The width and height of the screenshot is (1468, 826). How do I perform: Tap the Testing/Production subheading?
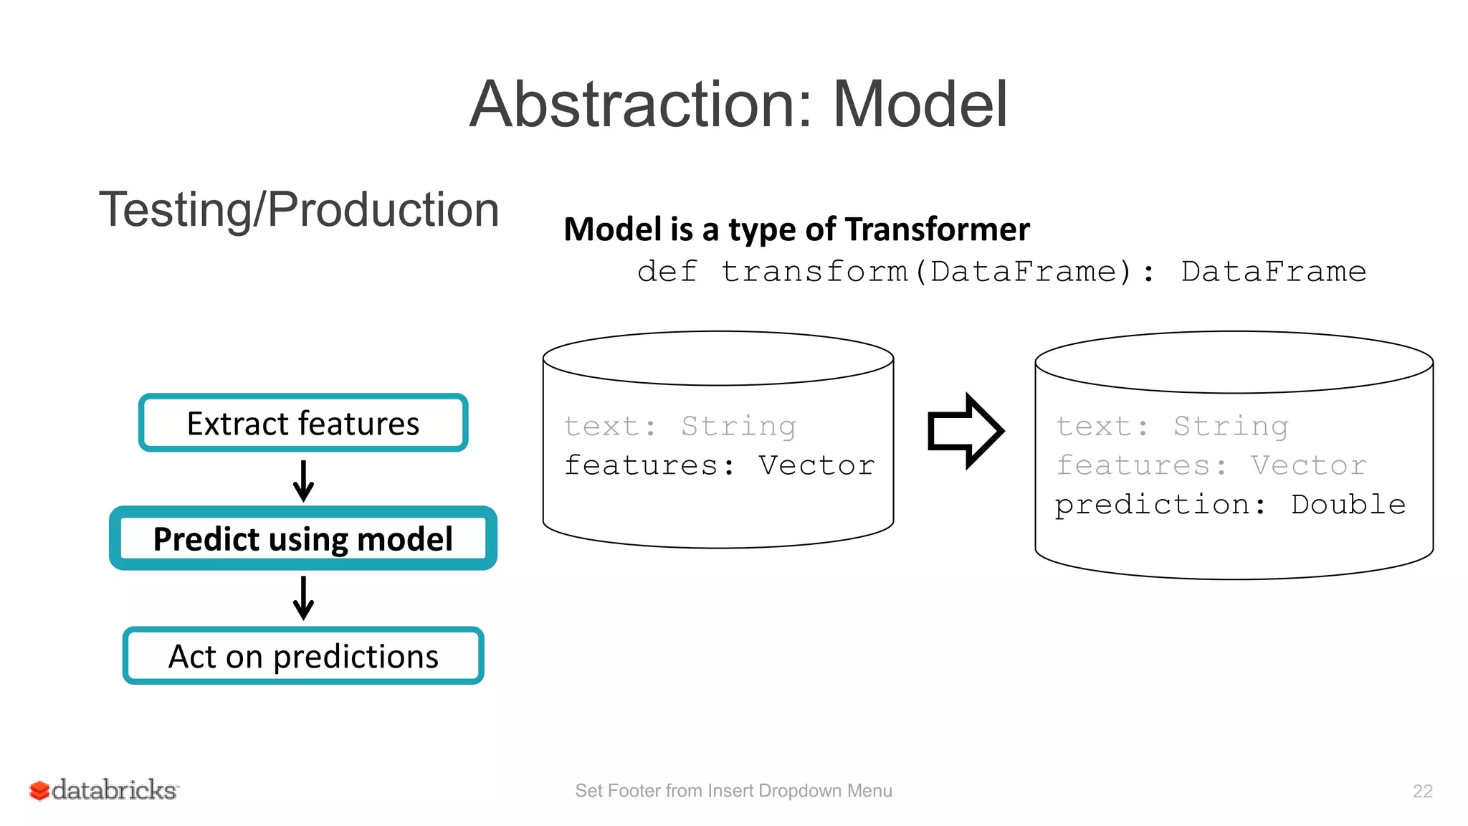299,209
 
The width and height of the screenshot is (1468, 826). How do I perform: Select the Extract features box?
303,423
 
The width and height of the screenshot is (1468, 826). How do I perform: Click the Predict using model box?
303,538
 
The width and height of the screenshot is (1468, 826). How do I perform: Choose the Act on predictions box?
303,656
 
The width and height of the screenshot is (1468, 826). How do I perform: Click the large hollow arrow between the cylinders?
965,431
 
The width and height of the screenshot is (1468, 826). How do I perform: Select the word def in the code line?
667,272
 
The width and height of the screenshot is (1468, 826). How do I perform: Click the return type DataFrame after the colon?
1273,272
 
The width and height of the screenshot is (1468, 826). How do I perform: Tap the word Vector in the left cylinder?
816,465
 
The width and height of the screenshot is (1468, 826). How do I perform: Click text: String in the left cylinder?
680,427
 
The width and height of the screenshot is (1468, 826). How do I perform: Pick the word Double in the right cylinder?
1348,504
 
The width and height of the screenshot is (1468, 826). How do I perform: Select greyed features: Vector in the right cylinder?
1211,465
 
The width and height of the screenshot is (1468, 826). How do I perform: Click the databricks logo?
104,790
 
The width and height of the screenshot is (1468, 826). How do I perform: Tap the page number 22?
1422,791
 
